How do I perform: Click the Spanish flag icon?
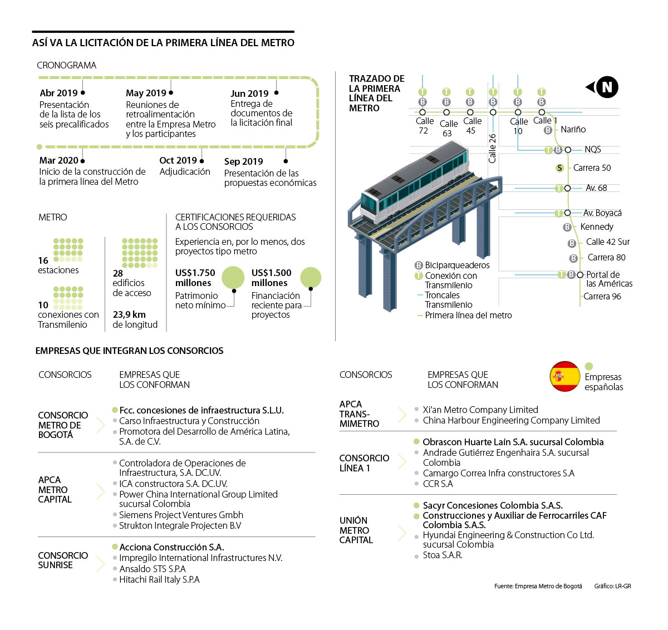[x=564, y=376]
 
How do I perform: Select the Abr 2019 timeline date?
[x=58, y=93]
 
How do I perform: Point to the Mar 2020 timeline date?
[x=58, y=160]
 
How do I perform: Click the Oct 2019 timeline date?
[x=178, y=160]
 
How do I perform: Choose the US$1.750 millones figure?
[x=195, y=278]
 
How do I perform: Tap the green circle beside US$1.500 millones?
[x=311, y=278]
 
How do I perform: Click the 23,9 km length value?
[x=129, y=314]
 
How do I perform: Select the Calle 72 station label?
[x=424, y=126]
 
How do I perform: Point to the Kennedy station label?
[x=596, y=227]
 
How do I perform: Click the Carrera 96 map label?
[x=602, y=297]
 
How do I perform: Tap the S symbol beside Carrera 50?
[x=559, y=168]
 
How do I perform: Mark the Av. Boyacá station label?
[x=602, y=213]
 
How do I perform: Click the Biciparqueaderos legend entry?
[x=457, y=265]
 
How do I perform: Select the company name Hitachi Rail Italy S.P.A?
[x=159, y=580]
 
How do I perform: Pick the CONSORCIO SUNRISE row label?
[x=63, y=560]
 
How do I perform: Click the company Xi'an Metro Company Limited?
[x=480, y=410]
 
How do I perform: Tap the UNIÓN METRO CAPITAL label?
[x=356, y=530]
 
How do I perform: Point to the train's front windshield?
[x=369, y=201]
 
